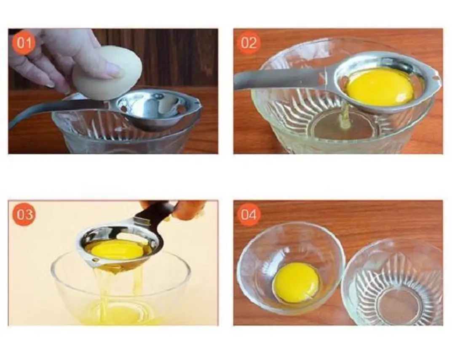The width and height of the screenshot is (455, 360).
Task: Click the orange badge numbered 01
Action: (24, 43)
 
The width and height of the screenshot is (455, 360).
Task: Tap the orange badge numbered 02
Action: (249, 43)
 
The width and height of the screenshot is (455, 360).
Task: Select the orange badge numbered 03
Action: (24, 215)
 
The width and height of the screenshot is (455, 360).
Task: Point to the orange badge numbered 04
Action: (249, 215)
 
